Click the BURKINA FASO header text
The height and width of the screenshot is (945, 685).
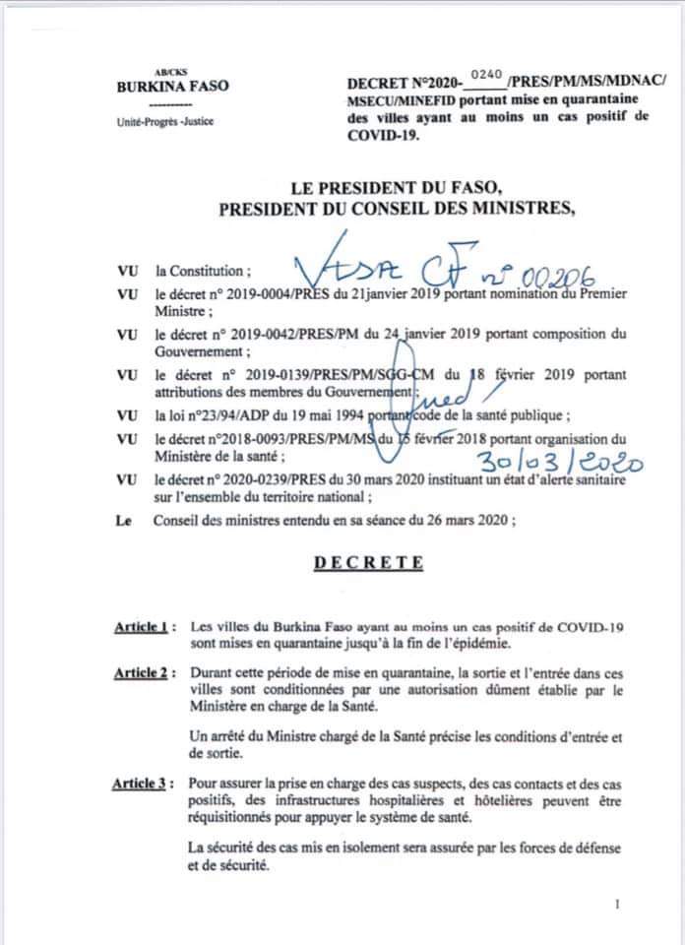pos(172,86)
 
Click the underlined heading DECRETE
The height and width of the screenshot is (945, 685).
pos(369,563)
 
